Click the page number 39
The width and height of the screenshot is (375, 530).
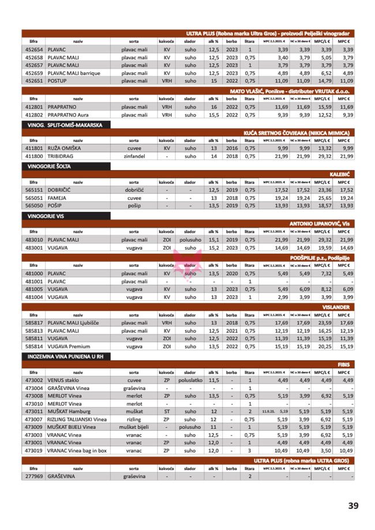(353, 506)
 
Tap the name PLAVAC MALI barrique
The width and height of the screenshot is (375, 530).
(74, 73)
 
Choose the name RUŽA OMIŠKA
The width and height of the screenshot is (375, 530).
(65, 148)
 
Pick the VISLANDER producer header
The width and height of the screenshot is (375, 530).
(336, 307)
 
